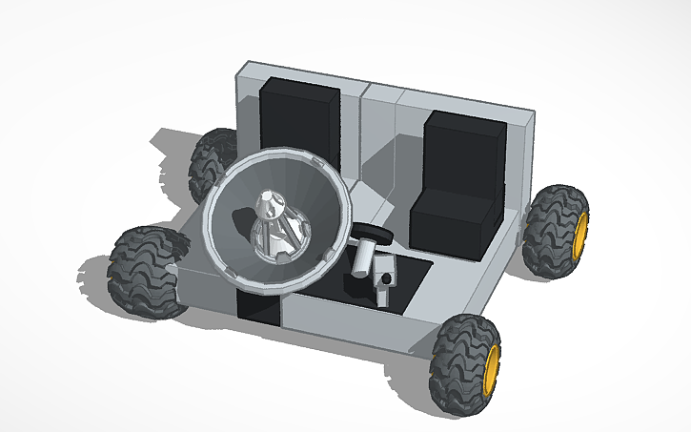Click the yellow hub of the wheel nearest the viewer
coord(492,366)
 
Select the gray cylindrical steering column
coord(363,257)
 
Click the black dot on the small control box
coord(389,278)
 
